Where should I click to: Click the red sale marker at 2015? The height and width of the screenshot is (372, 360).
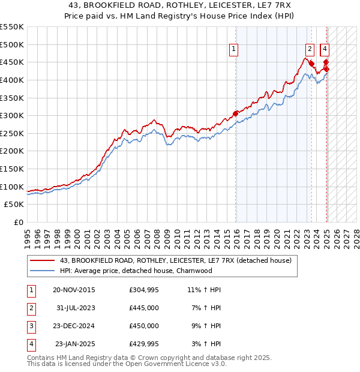(235, 113)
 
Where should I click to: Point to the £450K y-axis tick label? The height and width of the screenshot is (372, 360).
(12, 62)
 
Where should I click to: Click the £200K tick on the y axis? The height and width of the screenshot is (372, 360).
(12, 151)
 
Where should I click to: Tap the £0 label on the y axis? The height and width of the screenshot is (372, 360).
(19, 222)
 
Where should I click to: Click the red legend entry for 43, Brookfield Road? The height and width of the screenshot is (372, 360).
(175, 260)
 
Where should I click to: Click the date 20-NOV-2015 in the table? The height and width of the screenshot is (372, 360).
(74, 290)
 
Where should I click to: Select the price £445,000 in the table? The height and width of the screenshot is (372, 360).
(144, 308)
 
